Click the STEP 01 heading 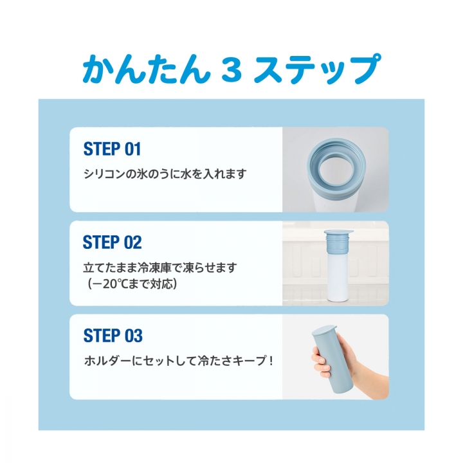(x=112, y=149)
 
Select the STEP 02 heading (x=112, y=242)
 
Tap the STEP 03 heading (x=113, y=336)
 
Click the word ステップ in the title (x=315, y=69)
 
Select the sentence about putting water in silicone (x=165, y=174)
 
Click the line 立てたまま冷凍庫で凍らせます (x=165, y=267)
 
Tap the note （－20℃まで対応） (x=133, y=283)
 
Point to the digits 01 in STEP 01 (x=132, y=149)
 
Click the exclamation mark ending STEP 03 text (x=271, y=360)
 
